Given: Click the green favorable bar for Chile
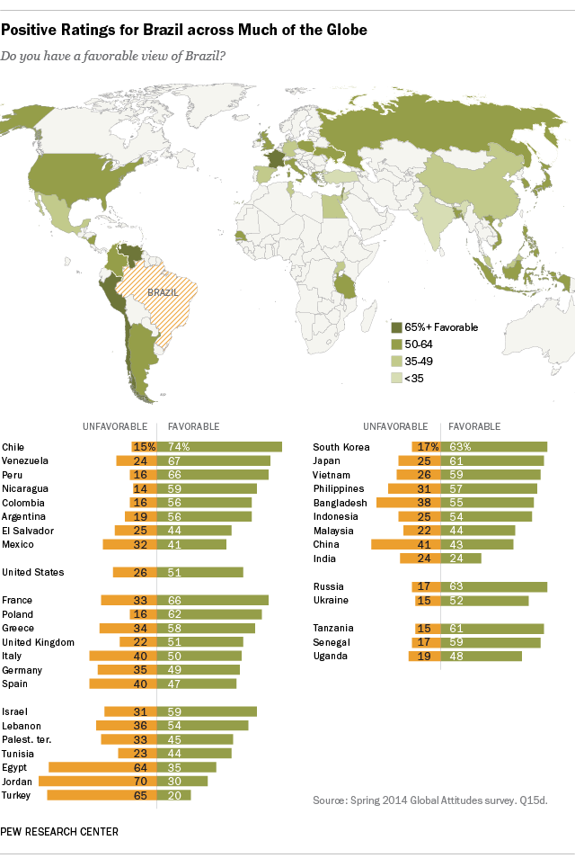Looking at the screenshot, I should pyautogui.click(x=220, y=446).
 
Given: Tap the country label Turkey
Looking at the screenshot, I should pyautogui.click(x=17, y=795).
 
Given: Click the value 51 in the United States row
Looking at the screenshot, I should pyautogui.click(x=171, y=572).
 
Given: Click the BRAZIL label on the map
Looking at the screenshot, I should pyautogui.click(x=163, y=292).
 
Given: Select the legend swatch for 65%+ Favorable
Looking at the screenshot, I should pyautogui.click(x=395, y=327).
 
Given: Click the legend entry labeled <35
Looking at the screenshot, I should pyautogui.click(x=414, y=378).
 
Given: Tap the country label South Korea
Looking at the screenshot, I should pyautogui.click(x=341, y=446).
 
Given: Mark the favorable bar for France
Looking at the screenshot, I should pyautogui.click(x=213, y=600).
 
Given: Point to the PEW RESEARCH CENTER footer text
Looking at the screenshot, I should pyautogui.click(x=59, y=832).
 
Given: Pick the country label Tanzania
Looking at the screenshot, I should pyautogui.click(x=333, y=628).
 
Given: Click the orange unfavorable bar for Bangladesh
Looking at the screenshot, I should pyautogui.click(x=407, y=502).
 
